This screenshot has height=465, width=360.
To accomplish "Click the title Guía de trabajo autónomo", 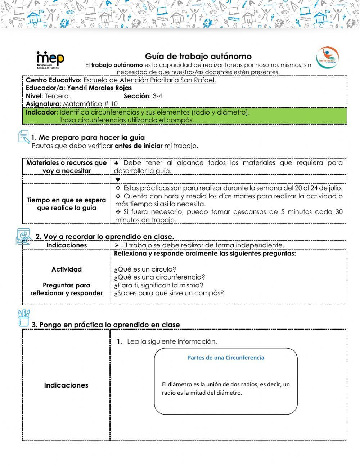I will (198, 57).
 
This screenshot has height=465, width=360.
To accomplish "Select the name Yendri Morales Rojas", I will (99, 88).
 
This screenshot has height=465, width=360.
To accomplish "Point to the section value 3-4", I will (157, 96).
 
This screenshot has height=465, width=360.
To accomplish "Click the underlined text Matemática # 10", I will (90, 104).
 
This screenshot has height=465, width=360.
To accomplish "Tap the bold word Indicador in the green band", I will (42, 112).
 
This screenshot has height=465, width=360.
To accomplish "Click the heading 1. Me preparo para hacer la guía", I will (88, 137).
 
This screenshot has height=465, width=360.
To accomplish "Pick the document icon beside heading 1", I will (24, 137).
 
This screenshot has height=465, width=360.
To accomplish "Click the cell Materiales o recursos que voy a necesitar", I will (67, 167).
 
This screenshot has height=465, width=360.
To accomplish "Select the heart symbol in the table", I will (118, 180).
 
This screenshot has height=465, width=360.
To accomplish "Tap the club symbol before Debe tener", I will (117, 163).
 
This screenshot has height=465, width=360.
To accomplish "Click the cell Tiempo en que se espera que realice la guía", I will (67, 204).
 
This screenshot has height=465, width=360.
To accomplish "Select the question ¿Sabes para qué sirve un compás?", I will (168, 293).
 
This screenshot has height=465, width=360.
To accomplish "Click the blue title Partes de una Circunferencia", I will (226, 358).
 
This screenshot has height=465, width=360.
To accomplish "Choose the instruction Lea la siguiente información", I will (172, 341).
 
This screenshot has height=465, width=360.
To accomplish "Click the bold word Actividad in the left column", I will (67, 269).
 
